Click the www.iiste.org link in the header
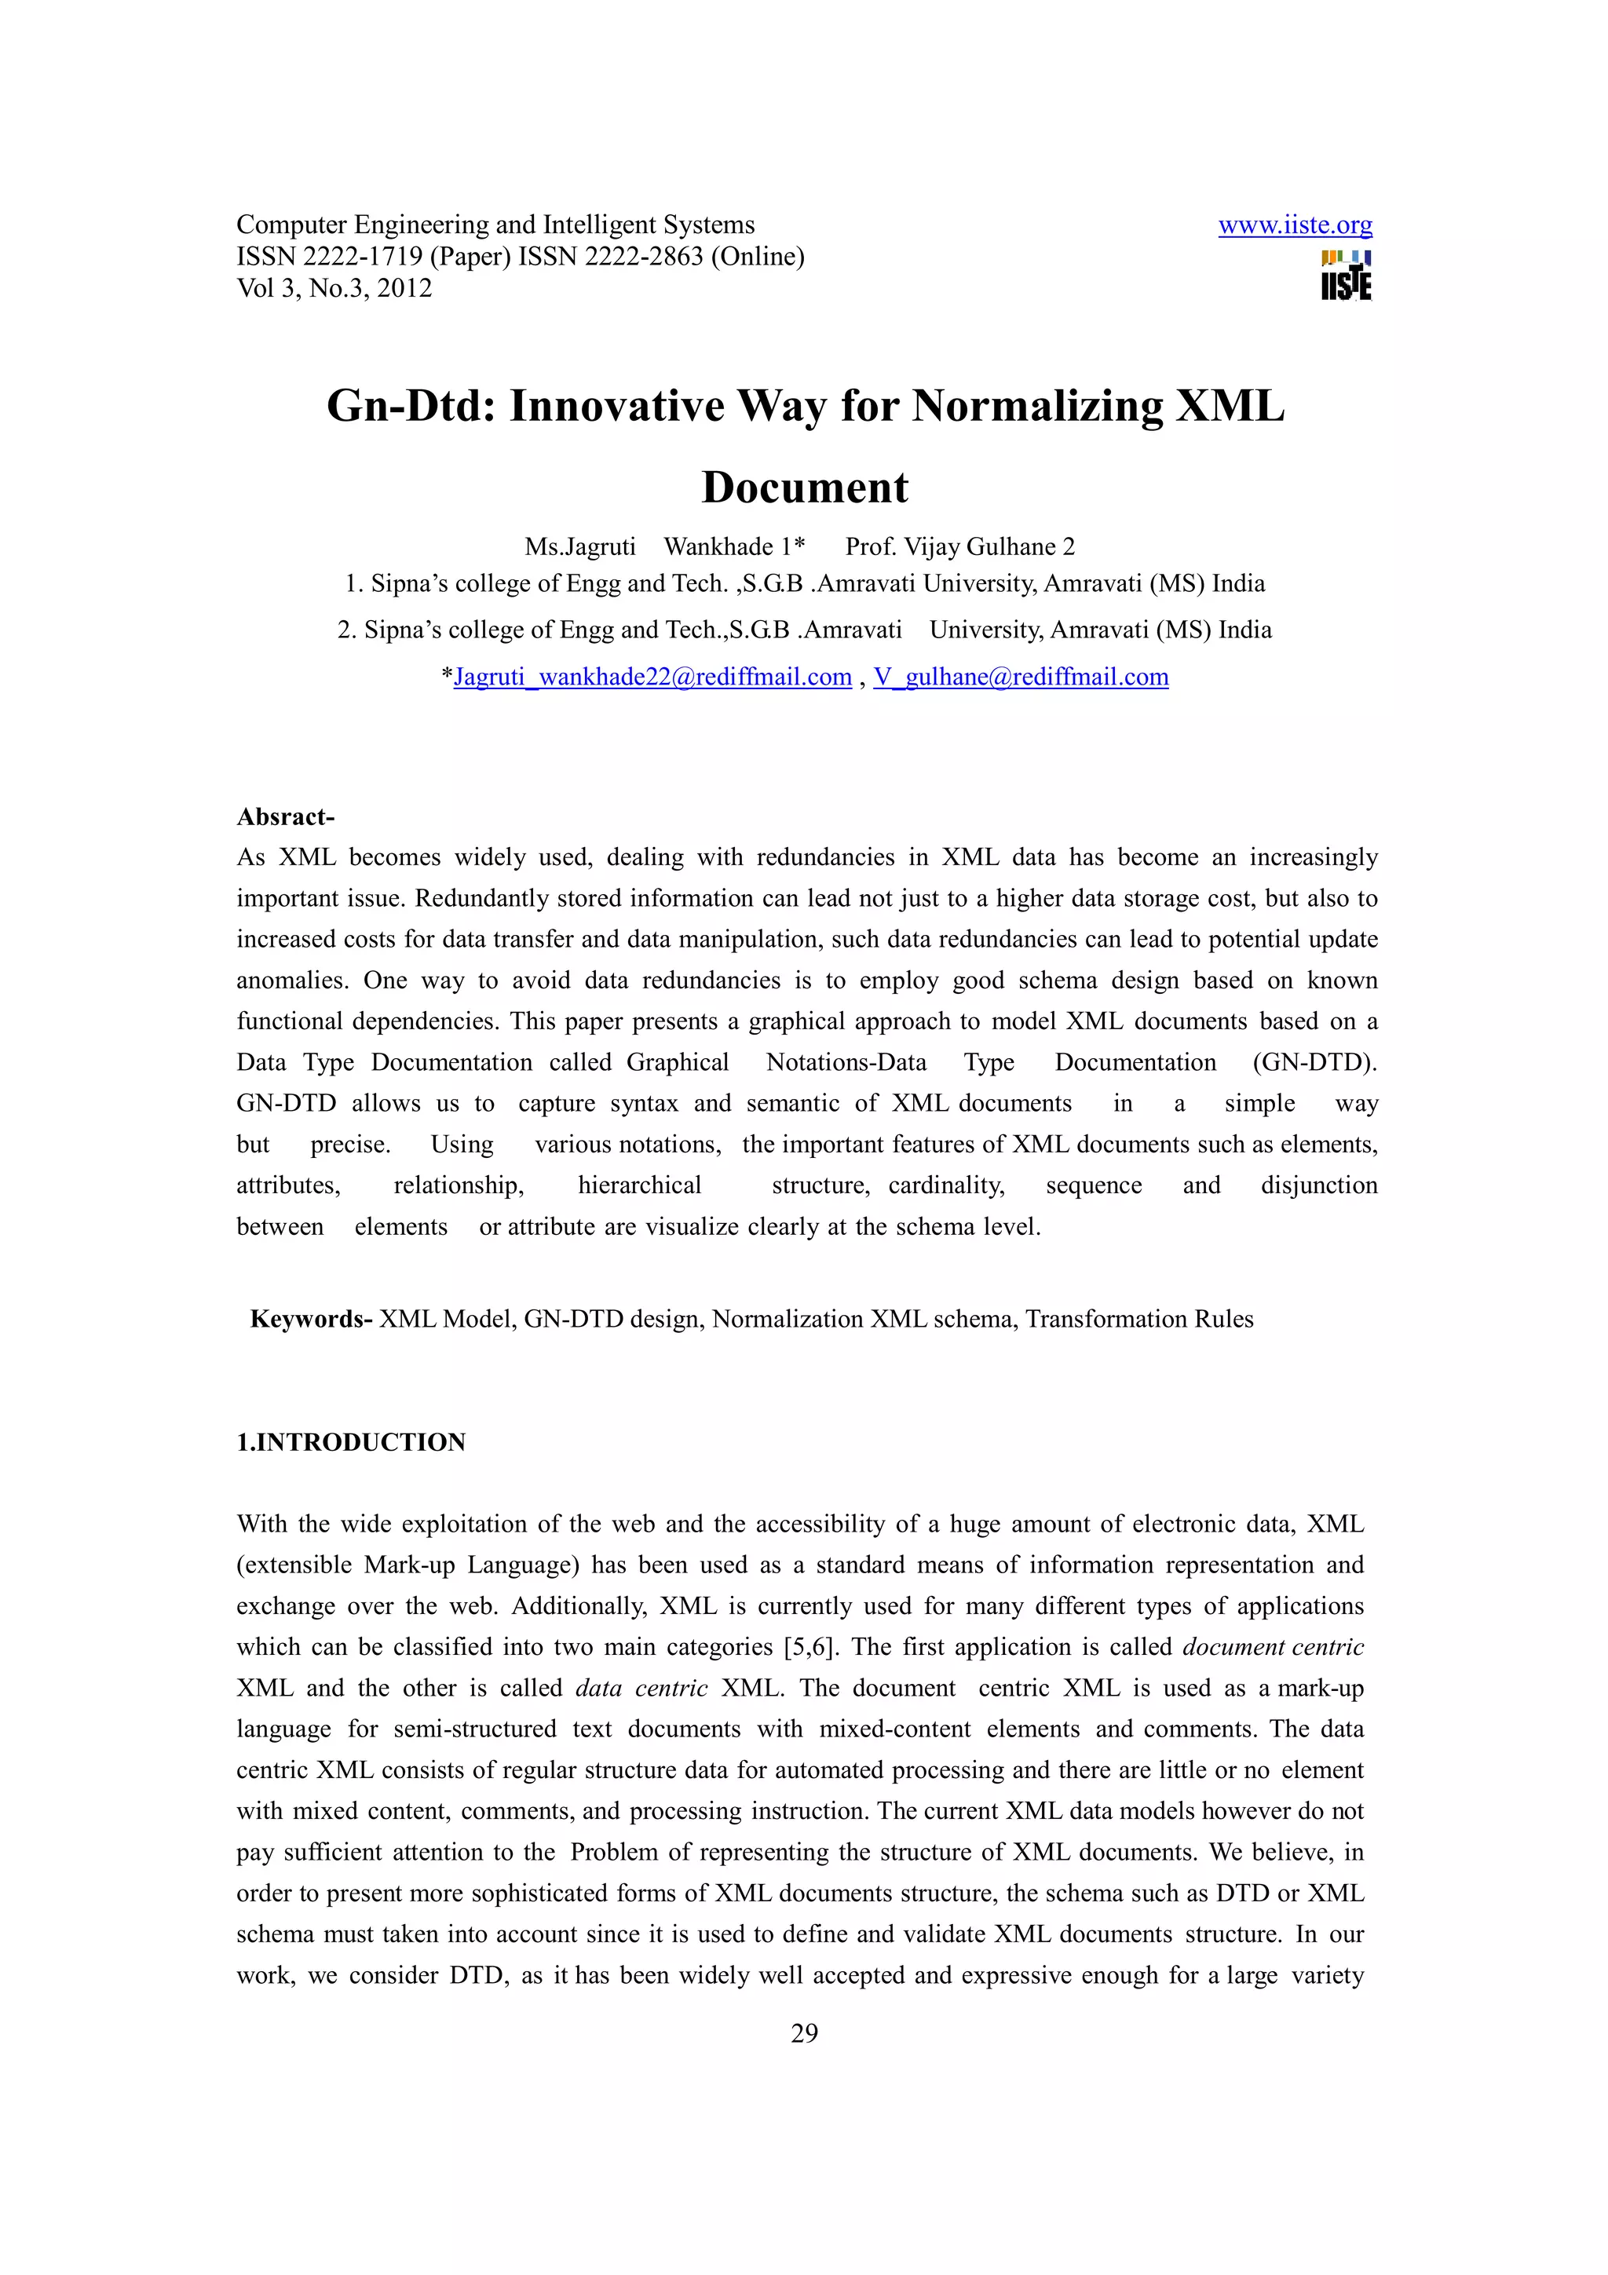point(1295,226)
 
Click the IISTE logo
point(1347,276)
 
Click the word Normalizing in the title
point(1037,407)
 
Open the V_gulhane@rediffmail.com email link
point(1021,677)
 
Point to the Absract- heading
point(285,816)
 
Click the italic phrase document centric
point(1273,1647)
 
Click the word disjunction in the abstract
point(1319,1186)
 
